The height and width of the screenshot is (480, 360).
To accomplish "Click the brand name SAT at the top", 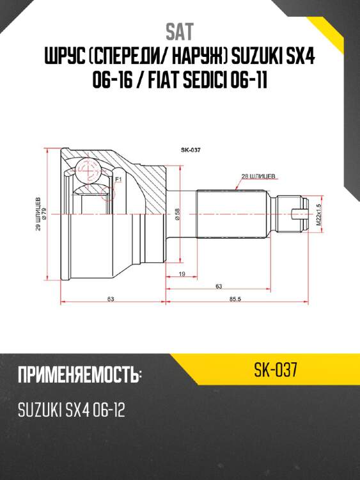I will click(180, 31).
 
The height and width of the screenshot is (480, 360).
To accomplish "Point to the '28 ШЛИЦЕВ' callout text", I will click(259, 175).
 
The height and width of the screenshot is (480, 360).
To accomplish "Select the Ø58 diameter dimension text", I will click(176, 214).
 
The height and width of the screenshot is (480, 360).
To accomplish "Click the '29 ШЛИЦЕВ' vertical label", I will click(39, 214).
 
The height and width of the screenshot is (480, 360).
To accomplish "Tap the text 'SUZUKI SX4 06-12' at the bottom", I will click(71, 410).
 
